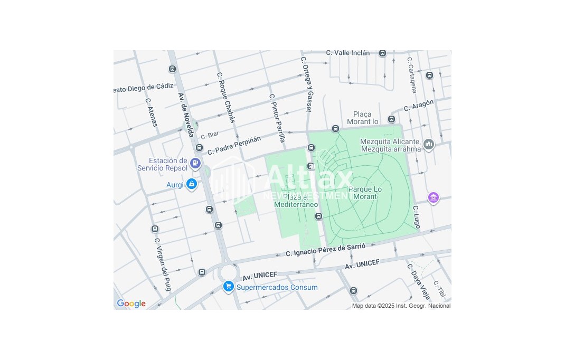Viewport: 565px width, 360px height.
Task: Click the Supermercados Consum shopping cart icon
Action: coord(228,287)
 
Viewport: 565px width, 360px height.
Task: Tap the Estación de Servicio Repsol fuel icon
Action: coord(196,163)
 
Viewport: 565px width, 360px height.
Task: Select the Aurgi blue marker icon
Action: coord(192,184)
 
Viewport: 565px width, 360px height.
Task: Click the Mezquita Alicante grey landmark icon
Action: coord(428,144)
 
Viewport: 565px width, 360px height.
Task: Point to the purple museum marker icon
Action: coord(434,198)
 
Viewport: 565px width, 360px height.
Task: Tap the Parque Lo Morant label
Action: coord(365,193)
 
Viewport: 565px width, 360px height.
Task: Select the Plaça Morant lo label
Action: coord(363,118)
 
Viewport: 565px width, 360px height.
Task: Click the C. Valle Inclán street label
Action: coord(348,53)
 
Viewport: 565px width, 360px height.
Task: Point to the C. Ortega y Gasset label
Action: coord(307,84)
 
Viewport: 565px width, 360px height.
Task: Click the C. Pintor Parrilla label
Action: coord(277,118)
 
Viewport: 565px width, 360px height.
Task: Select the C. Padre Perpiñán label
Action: coord(234,145)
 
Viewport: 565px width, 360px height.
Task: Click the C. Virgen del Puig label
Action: coord(162,264)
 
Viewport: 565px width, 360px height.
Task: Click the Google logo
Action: coord(131,304)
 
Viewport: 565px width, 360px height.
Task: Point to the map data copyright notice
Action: coord(401,306)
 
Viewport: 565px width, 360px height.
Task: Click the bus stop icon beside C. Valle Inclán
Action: coord(382,53)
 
